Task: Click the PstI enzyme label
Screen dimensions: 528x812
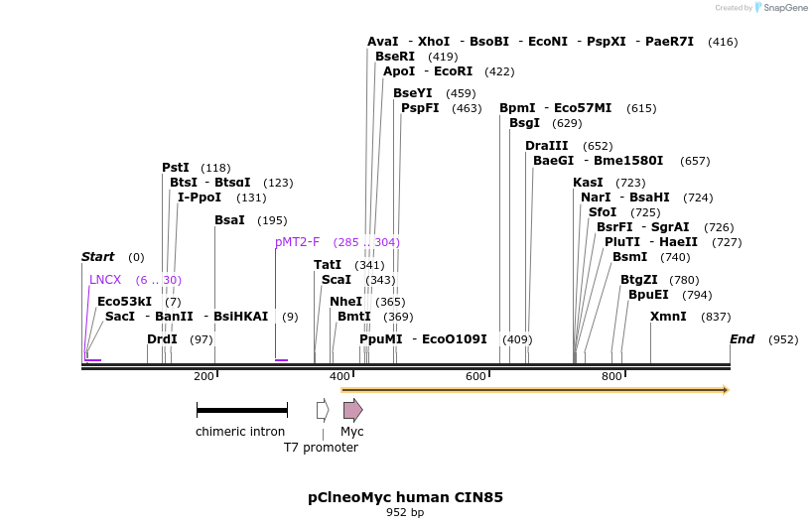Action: (x=176, y=168)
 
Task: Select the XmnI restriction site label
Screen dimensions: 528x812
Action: (x=668, y=317)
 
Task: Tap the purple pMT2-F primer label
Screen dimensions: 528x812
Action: (x=297, y=242)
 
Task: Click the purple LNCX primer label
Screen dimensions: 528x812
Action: (x=105, y=280)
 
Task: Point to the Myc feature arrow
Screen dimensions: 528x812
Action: (x=352, y=410)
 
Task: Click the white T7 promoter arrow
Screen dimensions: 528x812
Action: (x=323, y=410)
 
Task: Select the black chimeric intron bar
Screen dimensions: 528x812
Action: (x=241, y=410)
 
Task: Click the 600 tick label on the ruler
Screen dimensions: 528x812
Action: (x=475, y=376)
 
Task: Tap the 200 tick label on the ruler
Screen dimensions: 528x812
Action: (x=203, y=376)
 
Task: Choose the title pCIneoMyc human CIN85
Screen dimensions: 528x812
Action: (x=405, y=496)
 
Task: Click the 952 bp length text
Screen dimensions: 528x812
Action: (x=405, y=513)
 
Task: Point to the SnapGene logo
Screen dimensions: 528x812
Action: (x=781, y=8)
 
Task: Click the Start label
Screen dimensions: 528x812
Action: (x=97, y=257)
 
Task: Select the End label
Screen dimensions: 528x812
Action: (x=742, y=339)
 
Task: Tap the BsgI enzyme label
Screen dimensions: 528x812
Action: (x=524, y=123)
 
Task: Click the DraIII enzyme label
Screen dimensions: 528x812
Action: (x=546, y=146)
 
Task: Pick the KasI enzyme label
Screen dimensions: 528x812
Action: (x=588, y=183)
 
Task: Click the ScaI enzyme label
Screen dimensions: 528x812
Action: (x=337, y=280)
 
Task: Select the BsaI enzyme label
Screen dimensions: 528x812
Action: (x=229, y=220)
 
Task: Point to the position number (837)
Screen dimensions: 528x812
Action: (x=716, y=317)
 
